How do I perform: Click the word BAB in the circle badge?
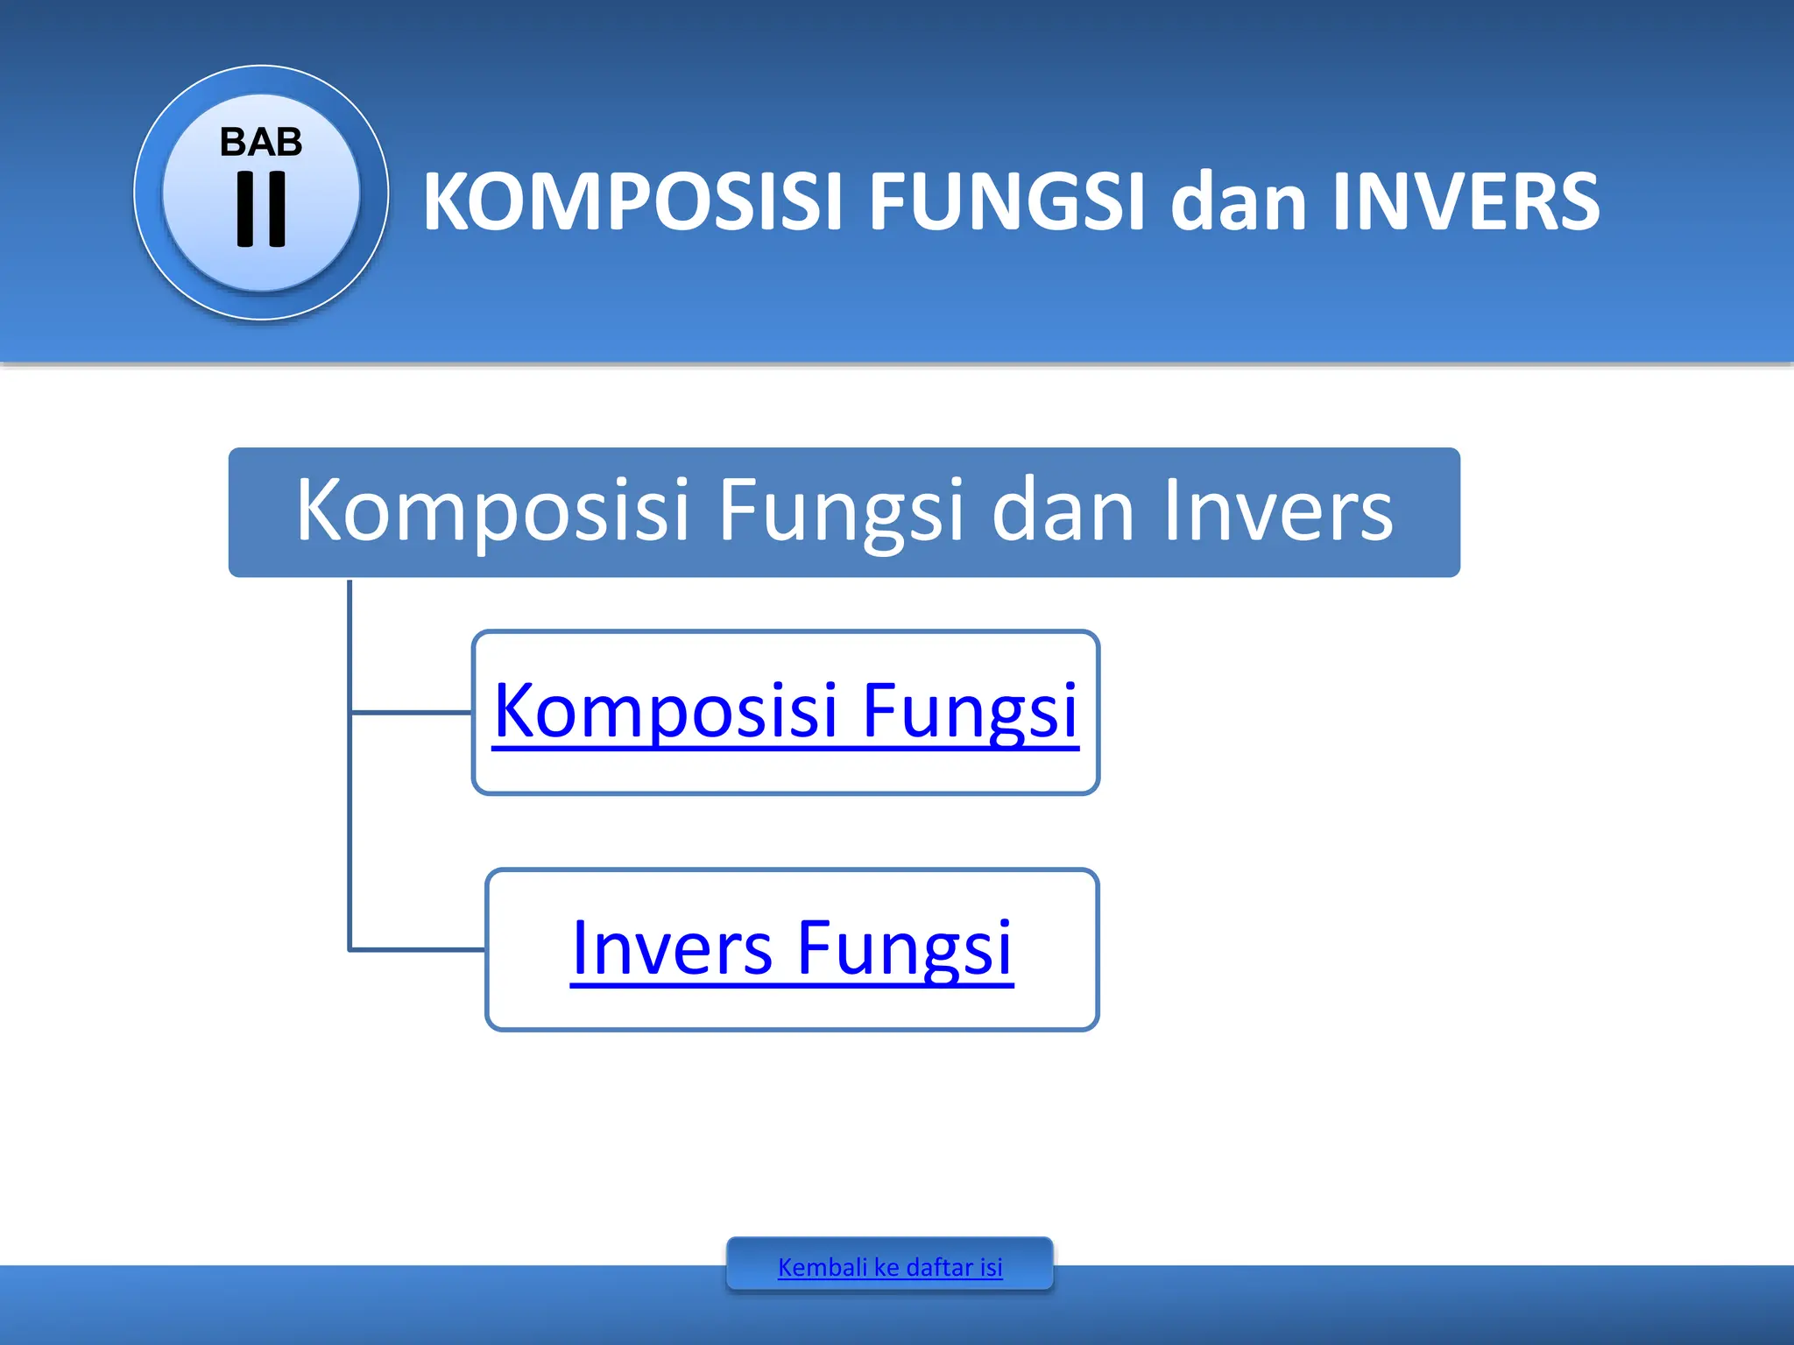(x=261, y=142)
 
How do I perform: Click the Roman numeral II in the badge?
(x=261, y=208)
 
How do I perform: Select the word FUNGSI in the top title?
(x=1006, y=202)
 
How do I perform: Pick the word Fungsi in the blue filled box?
(x=840, y=511)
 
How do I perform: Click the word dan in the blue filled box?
(x=1063, y=511)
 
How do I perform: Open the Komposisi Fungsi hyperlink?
(x=785, y=711)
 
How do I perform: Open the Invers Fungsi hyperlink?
(x=791, y=948)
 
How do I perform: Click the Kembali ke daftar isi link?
(x=889, y=1266)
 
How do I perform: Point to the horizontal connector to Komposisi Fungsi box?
(x=410, y=713)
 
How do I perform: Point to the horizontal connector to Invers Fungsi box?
(x=417, y=949)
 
